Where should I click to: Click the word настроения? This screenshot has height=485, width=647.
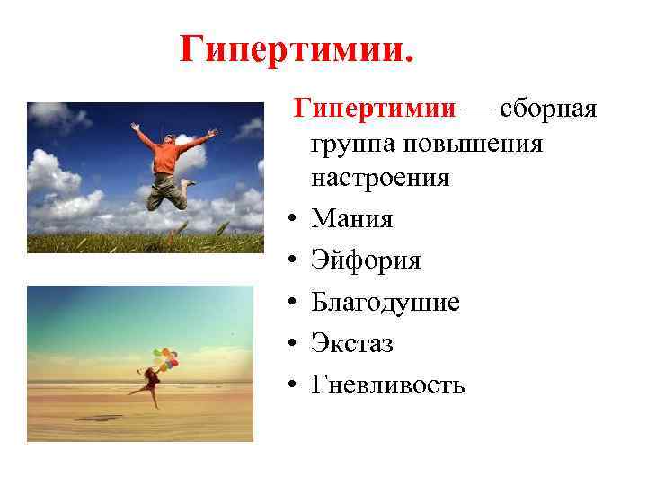(380, 177)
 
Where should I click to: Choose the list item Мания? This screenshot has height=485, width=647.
(352, 219)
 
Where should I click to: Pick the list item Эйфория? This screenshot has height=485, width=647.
(366, 260)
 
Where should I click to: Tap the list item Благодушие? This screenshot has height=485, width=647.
(386, 303)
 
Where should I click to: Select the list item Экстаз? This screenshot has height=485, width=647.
(352, 344)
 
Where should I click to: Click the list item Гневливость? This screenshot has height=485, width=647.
(388, 385)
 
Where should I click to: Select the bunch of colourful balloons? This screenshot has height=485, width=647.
(166, 357)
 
